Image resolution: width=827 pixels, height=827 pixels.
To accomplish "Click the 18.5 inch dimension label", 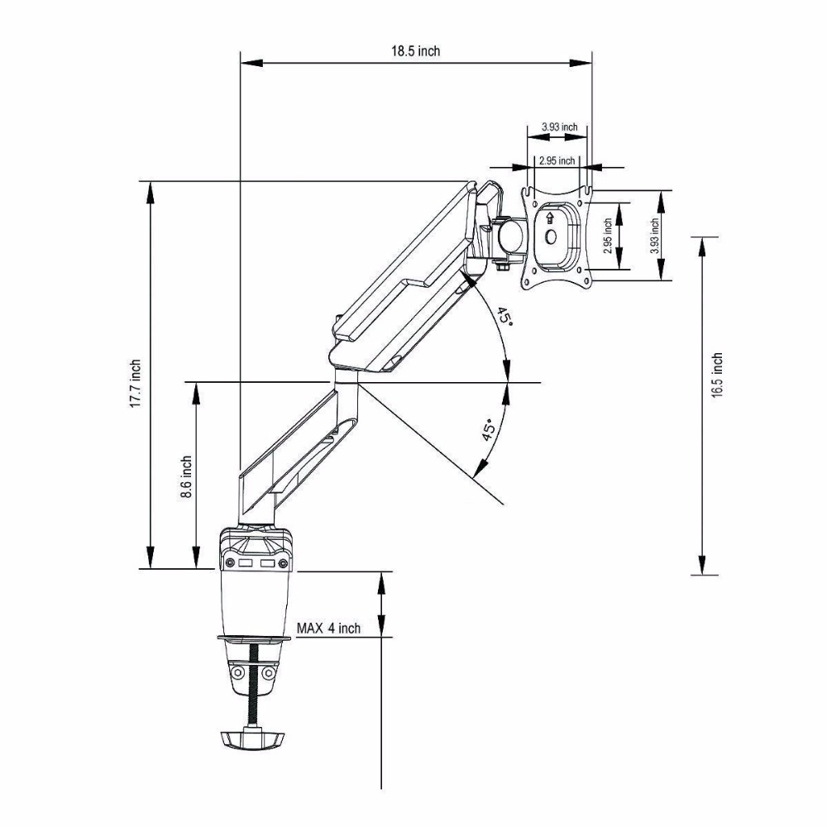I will pyautogui.click(x=416, y=50).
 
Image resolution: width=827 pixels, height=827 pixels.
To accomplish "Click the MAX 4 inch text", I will pyautogui.click(x=328, y=628).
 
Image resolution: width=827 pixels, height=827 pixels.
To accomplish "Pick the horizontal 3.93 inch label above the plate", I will pyautogui.click(x=559, y=127).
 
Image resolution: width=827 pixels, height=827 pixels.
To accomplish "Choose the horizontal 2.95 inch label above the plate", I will pyautogui.click(x=556, y=160).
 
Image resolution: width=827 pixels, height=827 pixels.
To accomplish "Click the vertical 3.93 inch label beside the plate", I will pyautogui.click(x=654, y=236).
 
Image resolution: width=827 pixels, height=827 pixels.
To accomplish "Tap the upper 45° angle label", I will pyautogui.click(x=504, y=318).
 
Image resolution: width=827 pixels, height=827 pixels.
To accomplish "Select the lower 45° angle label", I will pyautogui.click(x=490, y=430).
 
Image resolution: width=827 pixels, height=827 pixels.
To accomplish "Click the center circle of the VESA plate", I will pyautogui.click(x=551, y=236).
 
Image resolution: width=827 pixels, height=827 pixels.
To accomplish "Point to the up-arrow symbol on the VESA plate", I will pyautogui.click(x=550, y=218).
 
